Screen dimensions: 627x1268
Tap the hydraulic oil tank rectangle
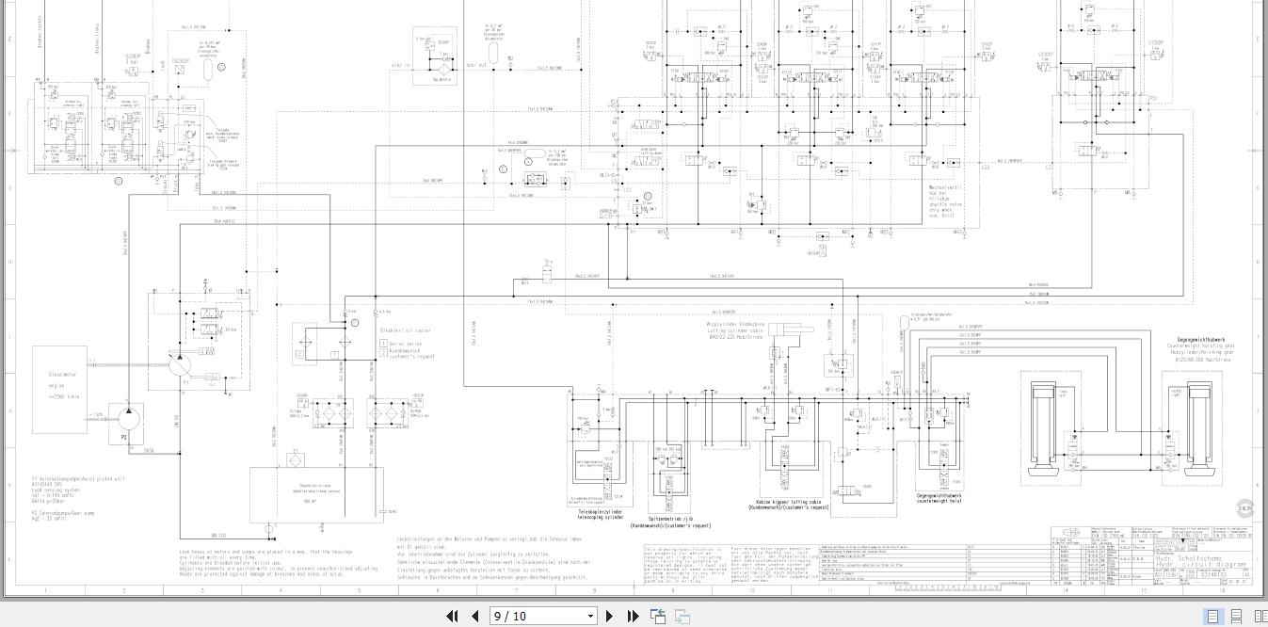(x=316, y=493)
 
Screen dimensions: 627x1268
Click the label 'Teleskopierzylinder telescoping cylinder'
(x=601, y=515)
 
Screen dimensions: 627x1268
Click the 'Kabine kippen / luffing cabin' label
(x=793, y=505)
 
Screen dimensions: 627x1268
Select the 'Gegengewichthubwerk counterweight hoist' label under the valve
(x=939, y=497)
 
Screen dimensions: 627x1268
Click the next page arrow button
(x=609, y=616)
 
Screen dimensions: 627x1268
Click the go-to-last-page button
(x=633, y=616)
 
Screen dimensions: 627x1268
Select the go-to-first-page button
(x=452, y=616)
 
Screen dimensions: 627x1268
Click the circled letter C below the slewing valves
(x=119, y=181)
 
